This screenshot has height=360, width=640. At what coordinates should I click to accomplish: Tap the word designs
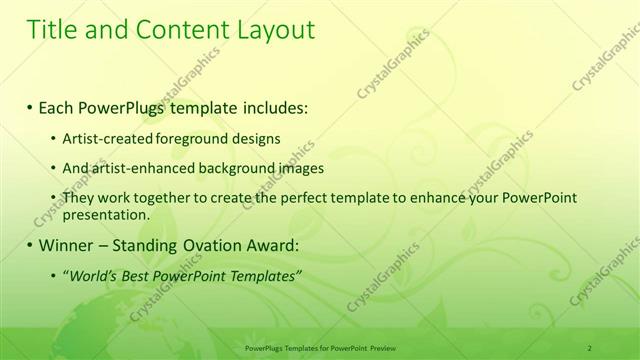(258, 138)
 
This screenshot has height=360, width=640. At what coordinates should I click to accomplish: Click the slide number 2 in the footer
(590, 347)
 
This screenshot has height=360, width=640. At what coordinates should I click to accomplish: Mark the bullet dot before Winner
(30, 244)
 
